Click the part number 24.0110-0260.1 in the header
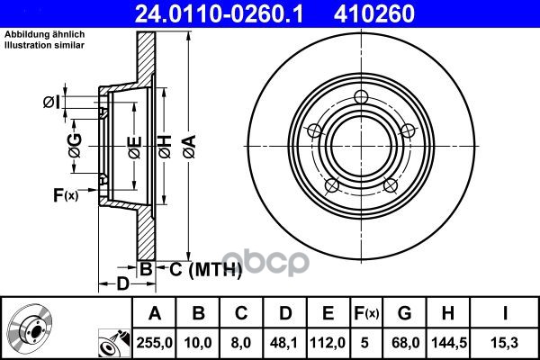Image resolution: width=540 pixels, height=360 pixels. click(219, 13)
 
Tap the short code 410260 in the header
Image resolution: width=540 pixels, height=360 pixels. click(374, 13)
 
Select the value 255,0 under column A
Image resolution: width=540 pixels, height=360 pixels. click(155, 343)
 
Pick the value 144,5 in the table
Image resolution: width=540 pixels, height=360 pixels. click(447, 343)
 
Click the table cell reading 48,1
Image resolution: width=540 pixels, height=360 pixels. click(284, 343)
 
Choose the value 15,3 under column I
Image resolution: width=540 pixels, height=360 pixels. click(505, 343)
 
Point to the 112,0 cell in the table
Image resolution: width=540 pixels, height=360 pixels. click(328, 343)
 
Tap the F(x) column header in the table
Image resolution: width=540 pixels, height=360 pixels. click(366, 313)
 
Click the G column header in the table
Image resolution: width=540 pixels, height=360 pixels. click(405, 313)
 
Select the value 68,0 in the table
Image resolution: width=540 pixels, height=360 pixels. click(406, 343)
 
